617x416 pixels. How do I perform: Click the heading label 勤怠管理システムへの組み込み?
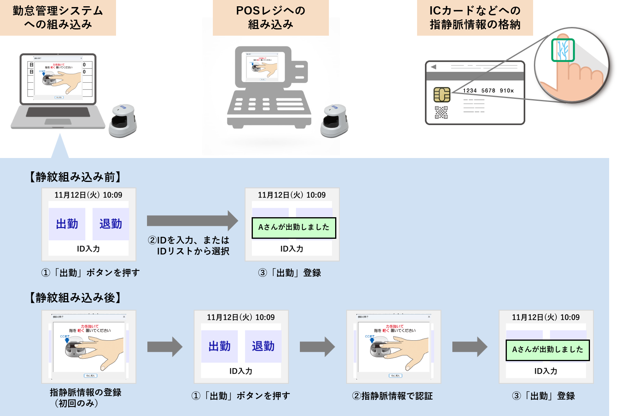[x=58, y=17]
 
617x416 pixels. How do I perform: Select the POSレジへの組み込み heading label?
[x=270, y=17]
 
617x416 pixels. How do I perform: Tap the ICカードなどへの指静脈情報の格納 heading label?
[x=475, y=17]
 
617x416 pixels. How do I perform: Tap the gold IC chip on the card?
[x=442, y=94]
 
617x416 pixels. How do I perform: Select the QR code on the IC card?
[x=441, y=113]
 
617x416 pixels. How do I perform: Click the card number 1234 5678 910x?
[x=488, y=91]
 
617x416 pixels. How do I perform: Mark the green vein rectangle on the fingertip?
[x=563, y=50]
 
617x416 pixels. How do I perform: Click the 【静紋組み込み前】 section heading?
[x=75, y=177]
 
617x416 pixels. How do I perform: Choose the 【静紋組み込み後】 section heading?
[x=75, y=298]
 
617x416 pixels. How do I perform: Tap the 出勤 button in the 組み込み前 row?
[x=67, y=224]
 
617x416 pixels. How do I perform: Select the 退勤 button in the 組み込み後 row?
[x=263, y=346]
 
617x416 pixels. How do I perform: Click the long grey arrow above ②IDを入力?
[x=192, y=221]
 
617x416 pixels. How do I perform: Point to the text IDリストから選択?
[x=193, y=251]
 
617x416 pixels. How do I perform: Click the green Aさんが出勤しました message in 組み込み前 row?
[x=294, y=227]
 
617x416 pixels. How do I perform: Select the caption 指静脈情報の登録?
[x=85, y=392]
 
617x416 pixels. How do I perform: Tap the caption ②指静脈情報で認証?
[x=392, y=396]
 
